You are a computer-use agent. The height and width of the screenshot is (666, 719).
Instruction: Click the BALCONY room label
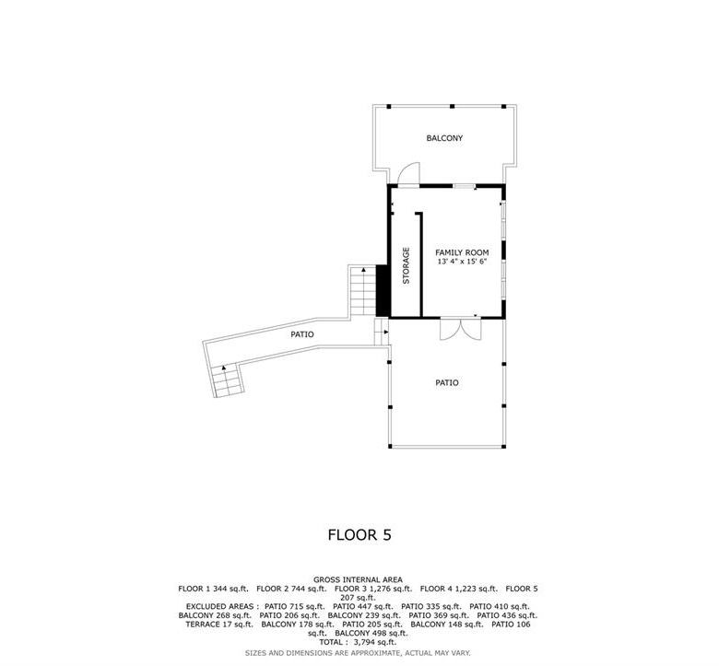444,138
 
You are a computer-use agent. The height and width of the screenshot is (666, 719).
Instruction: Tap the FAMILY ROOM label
462,252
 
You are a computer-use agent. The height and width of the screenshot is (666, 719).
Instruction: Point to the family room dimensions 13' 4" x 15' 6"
462,262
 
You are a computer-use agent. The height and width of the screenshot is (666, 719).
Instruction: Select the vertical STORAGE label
406,266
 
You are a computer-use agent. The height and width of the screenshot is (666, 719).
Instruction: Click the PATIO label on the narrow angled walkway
302,334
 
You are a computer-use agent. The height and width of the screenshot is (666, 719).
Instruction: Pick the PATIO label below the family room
447,382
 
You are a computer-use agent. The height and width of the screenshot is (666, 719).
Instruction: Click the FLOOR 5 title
359,535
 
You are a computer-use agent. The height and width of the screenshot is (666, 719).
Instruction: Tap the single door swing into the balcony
408,175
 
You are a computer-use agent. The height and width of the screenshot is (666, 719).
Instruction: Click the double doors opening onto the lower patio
460,329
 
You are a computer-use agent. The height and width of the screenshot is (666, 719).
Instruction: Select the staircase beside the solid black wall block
363,290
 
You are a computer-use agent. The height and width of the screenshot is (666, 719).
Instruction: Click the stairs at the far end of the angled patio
227,380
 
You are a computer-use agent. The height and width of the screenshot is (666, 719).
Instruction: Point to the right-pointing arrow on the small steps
385,332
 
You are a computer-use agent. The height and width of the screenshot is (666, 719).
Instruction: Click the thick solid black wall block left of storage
383,290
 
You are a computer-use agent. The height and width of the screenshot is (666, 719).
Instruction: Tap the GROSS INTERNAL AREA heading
359,579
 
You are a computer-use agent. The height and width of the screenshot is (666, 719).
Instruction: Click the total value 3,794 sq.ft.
373,642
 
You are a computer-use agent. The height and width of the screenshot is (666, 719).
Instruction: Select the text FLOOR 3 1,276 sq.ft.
373,589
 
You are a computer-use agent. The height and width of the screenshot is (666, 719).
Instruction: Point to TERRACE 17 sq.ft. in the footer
219,625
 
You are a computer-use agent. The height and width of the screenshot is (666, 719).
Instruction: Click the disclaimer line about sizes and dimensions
358,653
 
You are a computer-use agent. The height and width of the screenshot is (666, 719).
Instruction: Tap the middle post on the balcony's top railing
452,106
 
